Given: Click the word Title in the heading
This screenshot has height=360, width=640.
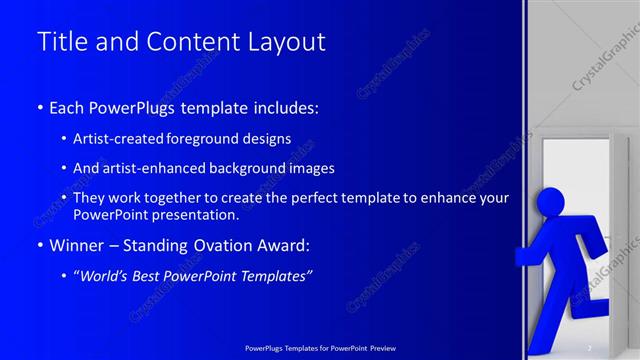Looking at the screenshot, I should point(58,42).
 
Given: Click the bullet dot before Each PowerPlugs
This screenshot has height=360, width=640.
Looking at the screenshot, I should point(39,106).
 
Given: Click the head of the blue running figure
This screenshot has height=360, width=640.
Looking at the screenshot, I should point(550,200).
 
